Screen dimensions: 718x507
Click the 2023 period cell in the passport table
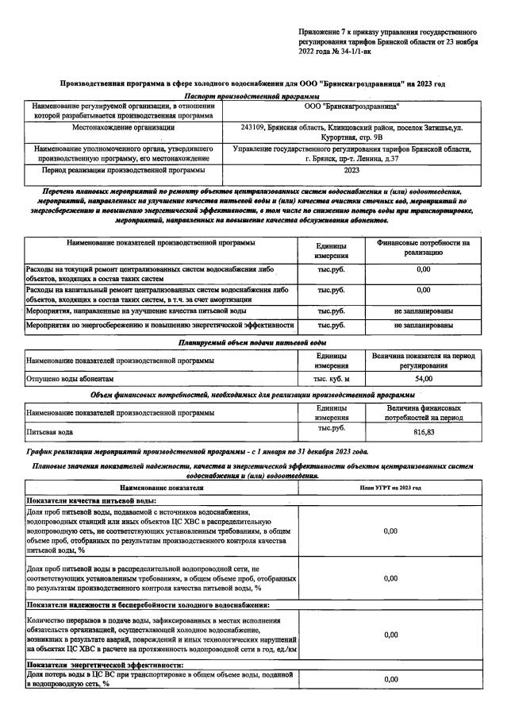(351, 170)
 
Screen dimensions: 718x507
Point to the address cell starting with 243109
(351, 132)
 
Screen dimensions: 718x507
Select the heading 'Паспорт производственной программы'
(252, 95)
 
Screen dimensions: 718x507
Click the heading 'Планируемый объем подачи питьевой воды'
(252, 342)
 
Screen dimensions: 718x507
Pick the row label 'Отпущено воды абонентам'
(71, 380)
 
